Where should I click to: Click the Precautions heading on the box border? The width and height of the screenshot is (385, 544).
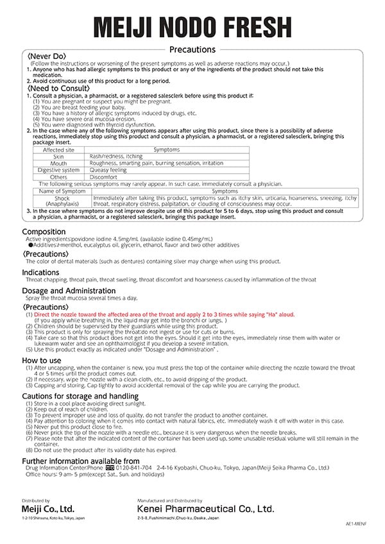[193, 49]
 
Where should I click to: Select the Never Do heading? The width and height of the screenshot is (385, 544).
[47, 57]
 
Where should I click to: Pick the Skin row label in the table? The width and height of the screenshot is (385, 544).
[58, 157]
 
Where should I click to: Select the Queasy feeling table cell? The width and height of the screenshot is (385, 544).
[108, 170]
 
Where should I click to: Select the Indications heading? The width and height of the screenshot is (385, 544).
[44, 273]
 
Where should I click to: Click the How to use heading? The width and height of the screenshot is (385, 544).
[42, 361]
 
